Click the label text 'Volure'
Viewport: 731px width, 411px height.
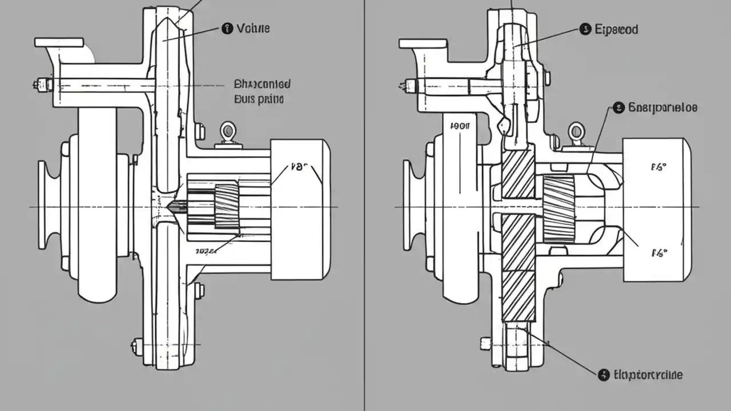coord(253,28)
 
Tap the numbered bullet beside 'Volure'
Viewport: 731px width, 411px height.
coord(227,28)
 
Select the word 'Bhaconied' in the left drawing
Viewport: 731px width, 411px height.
coord(262,84)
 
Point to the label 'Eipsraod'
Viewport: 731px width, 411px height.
coord(616,29)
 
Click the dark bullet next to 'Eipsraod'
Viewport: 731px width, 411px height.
coord(584,29)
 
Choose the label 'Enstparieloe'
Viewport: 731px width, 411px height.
coord(662,107)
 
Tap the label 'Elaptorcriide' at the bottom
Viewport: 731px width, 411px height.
coord(648,375)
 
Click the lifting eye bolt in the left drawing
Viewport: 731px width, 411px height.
coord(228,132)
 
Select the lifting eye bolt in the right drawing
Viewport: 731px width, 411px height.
coord(576,133)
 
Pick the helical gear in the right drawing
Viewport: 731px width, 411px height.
coord(558,208)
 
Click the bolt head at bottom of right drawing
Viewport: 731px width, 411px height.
coord(485,343)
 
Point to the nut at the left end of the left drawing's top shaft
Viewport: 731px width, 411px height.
coord(42,85)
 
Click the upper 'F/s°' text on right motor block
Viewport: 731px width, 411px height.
coord(659,167)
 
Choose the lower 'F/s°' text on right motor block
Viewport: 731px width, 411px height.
coord(659,253)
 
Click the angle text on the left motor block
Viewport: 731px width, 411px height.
coord(299,167)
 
